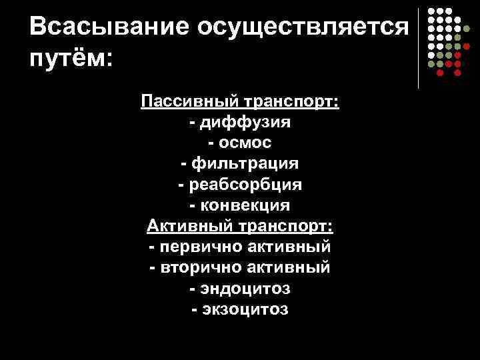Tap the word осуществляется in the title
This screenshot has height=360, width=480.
pos(301,27)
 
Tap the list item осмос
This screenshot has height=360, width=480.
pos(247,143)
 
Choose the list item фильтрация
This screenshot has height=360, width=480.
pos(246,163)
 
